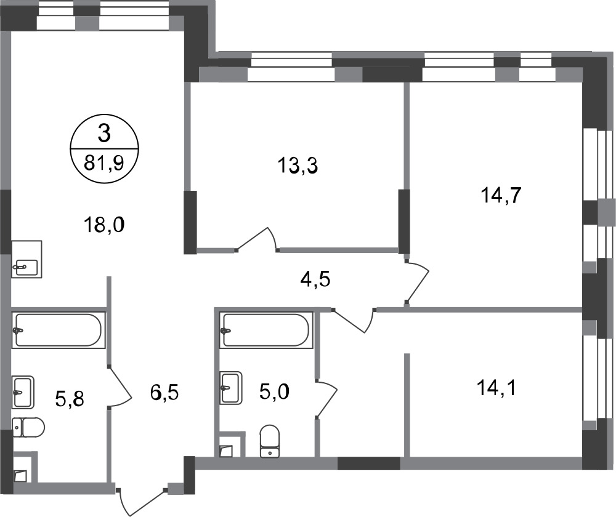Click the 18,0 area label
104,225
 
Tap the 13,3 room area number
298,166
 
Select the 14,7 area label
501,195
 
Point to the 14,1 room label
496,388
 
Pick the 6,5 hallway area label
164,392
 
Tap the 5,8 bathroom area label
70,399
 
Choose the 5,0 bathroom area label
274,391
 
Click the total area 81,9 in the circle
104,162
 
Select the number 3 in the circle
104,134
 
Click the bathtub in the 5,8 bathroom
59,330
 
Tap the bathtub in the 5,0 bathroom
266,330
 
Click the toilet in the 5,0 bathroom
270,441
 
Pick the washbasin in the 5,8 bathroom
23,393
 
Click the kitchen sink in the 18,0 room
26,260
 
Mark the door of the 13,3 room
257,239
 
